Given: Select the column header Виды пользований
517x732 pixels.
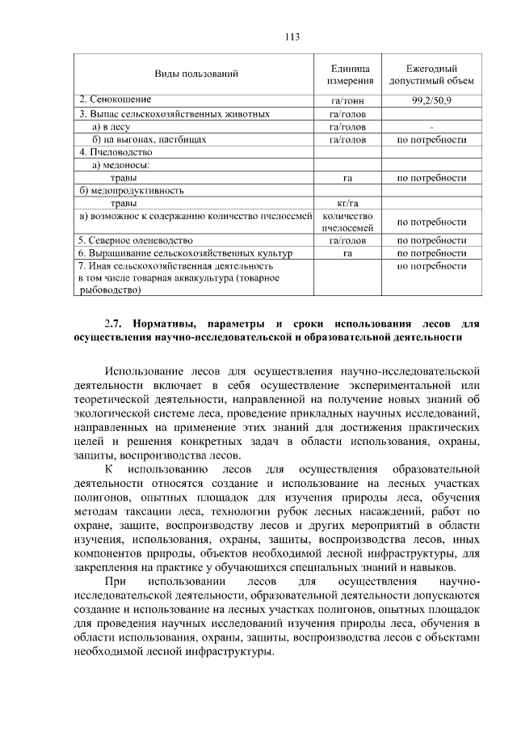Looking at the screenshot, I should tap(195, 74).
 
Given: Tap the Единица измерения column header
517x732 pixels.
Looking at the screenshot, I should tap(350, 74).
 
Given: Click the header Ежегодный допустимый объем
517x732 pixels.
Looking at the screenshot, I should tap(431, 74).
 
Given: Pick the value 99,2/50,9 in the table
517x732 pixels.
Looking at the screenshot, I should tap(431, 100).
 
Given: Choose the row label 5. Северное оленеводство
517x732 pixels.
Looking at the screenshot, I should tap(136, 240).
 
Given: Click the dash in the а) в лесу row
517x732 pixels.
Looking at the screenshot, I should tap(431, 127).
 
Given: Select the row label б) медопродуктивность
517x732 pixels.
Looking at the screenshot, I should tap(132, 191).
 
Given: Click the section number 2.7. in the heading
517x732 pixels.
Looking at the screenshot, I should tap(115, 324).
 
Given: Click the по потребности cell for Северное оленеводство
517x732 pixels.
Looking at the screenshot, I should tap(431, 240).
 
